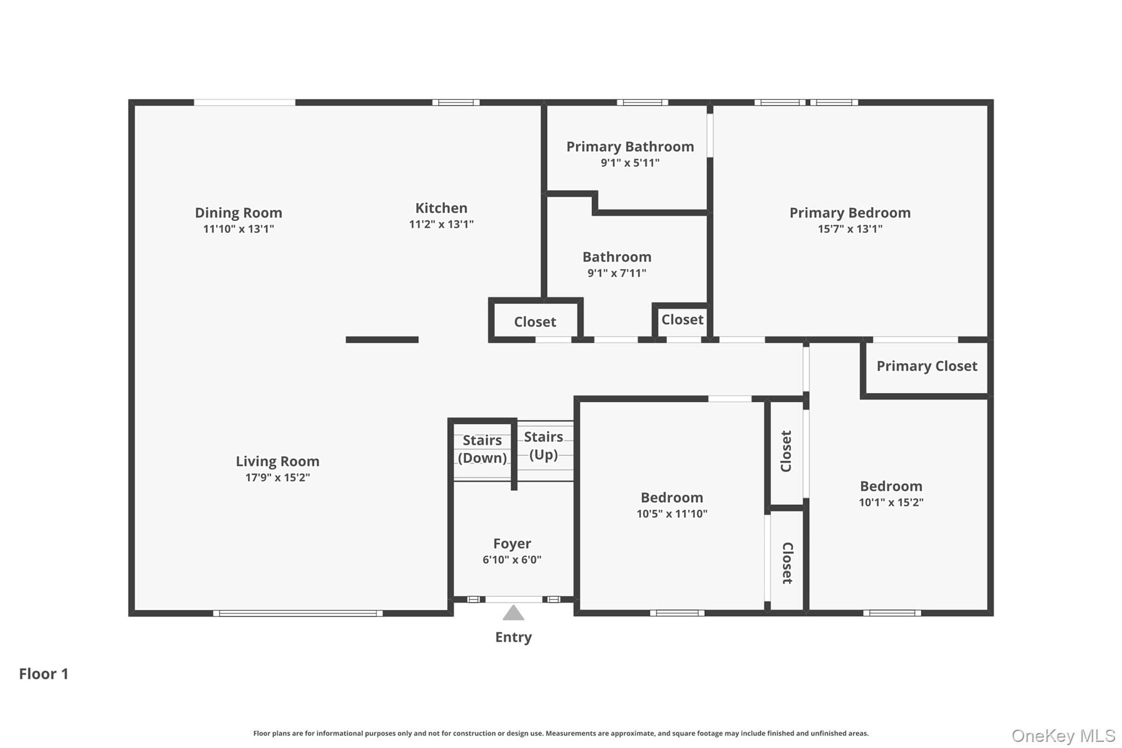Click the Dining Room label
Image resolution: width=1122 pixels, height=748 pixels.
[238, 213]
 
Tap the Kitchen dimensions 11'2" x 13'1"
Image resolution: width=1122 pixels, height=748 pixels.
[441, 224]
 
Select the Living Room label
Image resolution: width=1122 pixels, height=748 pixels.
[278, 461]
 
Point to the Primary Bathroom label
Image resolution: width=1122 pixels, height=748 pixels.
[630, 147]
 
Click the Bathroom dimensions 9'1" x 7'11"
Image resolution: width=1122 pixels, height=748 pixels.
[617, 273]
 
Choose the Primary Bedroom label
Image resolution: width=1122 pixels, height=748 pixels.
[850, 213]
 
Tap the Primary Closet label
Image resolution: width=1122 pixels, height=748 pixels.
[927, 366]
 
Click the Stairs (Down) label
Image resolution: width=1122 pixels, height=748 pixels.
[482, 449]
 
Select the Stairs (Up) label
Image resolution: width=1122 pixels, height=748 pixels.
[543, 446]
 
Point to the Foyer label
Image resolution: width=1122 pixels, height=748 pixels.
[512, 544]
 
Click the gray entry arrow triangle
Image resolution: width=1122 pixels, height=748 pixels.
[513, 613]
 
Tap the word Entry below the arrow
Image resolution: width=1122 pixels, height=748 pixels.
[513, 637]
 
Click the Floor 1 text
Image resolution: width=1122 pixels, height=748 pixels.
[44, 673]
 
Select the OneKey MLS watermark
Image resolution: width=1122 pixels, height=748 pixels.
[1063, 735]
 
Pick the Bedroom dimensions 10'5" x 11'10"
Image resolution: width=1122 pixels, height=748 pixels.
[672, 514]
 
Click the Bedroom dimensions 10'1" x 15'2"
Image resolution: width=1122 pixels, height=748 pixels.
[891, 503]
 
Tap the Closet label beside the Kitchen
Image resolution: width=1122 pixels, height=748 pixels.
[535, 322]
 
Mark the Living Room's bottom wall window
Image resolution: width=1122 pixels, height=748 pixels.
[298, 613]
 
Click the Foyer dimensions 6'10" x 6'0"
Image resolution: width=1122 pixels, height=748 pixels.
[512, 559]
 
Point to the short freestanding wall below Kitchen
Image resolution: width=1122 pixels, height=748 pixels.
[382, 340]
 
